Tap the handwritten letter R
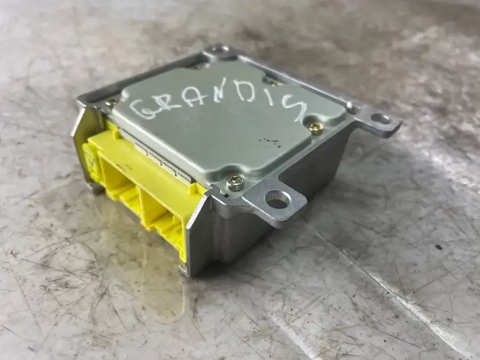tap(172, 105)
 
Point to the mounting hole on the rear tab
tap(220, 48)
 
